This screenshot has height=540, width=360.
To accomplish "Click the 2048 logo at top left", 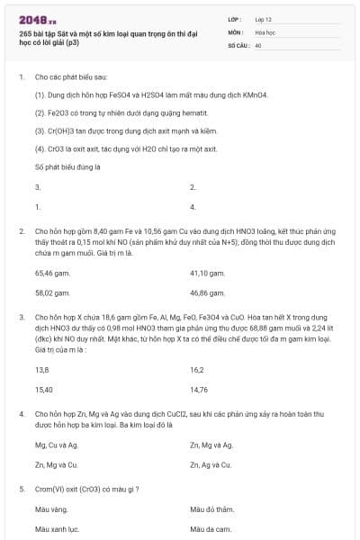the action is click(37, 18).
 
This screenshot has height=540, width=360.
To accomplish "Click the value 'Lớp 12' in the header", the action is click(265, 18).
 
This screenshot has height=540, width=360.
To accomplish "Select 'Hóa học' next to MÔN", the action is click(265, 31).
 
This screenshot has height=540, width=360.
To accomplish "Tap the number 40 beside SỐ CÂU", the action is click(258, 44).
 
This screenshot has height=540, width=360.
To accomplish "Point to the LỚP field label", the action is click(235, 18).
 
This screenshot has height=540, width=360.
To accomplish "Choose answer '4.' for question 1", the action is click(193, 206).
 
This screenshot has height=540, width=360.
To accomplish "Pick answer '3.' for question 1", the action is click(38, 187).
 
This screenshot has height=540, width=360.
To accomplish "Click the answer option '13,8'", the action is click(41, 370).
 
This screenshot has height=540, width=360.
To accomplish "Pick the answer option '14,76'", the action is click(200, 390).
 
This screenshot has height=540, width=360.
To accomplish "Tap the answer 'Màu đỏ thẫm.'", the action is click(211, 509).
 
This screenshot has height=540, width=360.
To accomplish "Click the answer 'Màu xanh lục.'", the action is click(58, 529).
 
